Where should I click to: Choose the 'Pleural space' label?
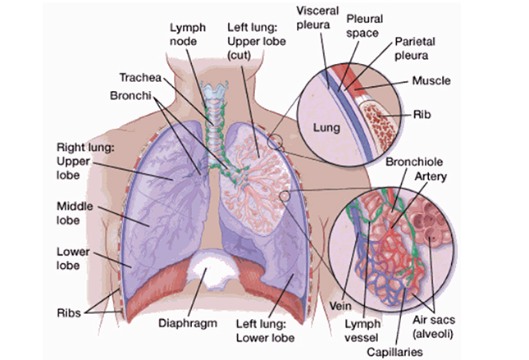coord(363,25)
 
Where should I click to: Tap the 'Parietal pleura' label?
coord(419,47)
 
